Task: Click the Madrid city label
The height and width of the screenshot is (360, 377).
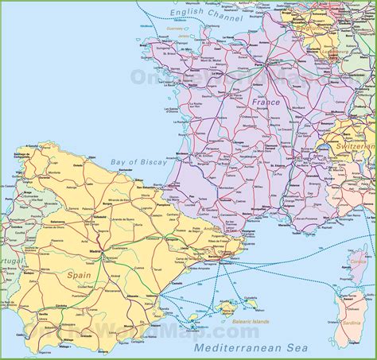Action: click(96, 251)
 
